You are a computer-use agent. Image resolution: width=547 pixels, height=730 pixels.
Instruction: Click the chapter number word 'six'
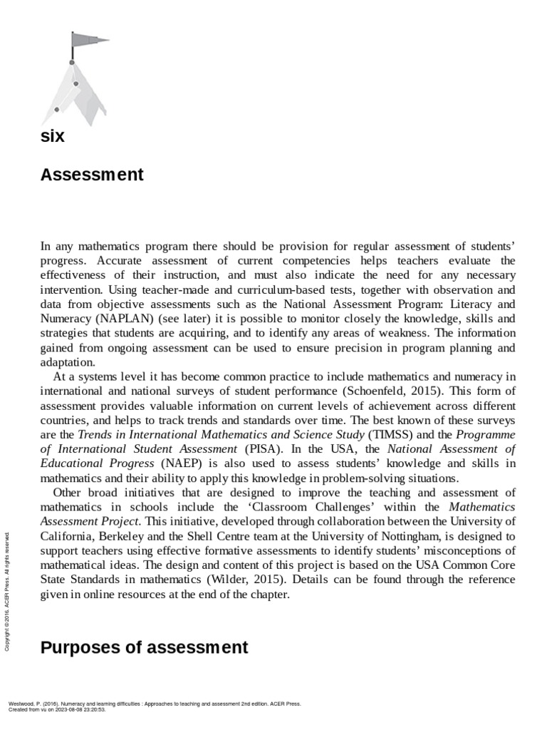click(53, 136)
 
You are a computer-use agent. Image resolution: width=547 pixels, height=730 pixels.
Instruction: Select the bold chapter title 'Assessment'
click(92, 175)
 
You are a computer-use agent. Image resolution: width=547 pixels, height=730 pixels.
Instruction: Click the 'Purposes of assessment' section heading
click(145, 647)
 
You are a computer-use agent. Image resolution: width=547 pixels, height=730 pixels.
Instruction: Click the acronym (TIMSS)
click(389, 433)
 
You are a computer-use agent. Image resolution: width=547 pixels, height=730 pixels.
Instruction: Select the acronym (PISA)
click(263, 448)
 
